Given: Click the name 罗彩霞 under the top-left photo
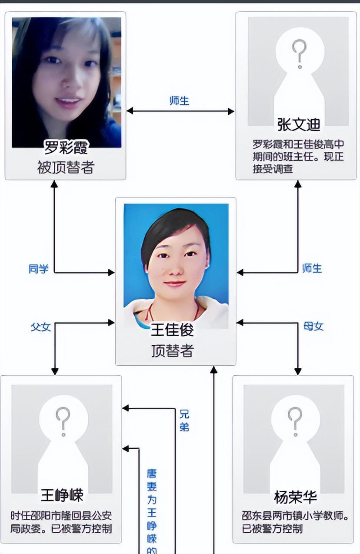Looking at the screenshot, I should tap(66, 147).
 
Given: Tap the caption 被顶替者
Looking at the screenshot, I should tap(66, 167).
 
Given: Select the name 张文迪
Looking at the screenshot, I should tap(299, 125).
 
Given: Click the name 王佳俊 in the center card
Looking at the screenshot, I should tap(172, 330).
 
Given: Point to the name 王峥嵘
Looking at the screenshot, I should tap(62, 495).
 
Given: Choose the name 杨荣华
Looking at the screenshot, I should tap(295, 497).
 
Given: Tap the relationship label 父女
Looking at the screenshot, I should tap(40, 327).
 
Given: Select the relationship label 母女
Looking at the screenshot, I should tap(313, 327).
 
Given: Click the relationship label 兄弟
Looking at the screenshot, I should tap(184, 420).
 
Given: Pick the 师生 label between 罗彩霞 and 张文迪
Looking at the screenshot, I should tap(180, 101).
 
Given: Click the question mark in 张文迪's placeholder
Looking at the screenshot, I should tap(299, 53).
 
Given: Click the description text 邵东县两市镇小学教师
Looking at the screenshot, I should tap(296, 517).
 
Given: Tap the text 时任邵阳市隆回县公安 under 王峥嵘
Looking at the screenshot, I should tap(61, 516).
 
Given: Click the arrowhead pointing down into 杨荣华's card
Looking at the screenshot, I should tap(298, 371).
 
